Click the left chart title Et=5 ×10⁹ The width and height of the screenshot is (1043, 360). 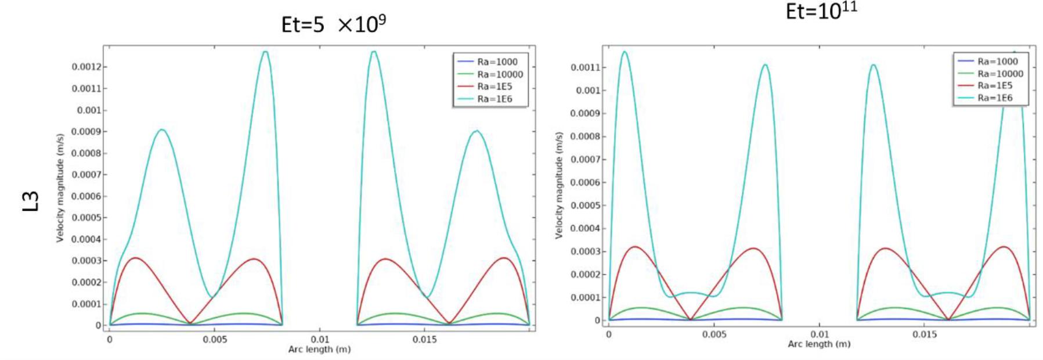point(333,24)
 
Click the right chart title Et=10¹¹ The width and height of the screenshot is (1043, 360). point(821,11)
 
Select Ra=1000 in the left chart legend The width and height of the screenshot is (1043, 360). point(497,62)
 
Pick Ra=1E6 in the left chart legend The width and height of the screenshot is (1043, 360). point(495,99)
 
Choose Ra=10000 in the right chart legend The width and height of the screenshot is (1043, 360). point(1000,74)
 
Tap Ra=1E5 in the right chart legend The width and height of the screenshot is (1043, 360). point(994,85)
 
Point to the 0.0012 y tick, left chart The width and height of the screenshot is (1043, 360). point(86,67)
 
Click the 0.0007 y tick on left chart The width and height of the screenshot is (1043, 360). point(86,175)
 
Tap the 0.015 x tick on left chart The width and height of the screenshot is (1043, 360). point(424,340)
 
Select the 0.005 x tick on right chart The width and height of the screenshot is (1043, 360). point(714,334)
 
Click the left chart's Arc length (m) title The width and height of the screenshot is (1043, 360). point(319,350)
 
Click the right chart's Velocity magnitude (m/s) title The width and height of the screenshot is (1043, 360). point(559,185)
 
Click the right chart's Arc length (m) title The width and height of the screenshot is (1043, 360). point(818,344)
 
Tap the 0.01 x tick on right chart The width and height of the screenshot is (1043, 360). point(820,334)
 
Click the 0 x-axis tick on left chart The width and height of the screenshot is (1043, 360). point(109,340)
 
